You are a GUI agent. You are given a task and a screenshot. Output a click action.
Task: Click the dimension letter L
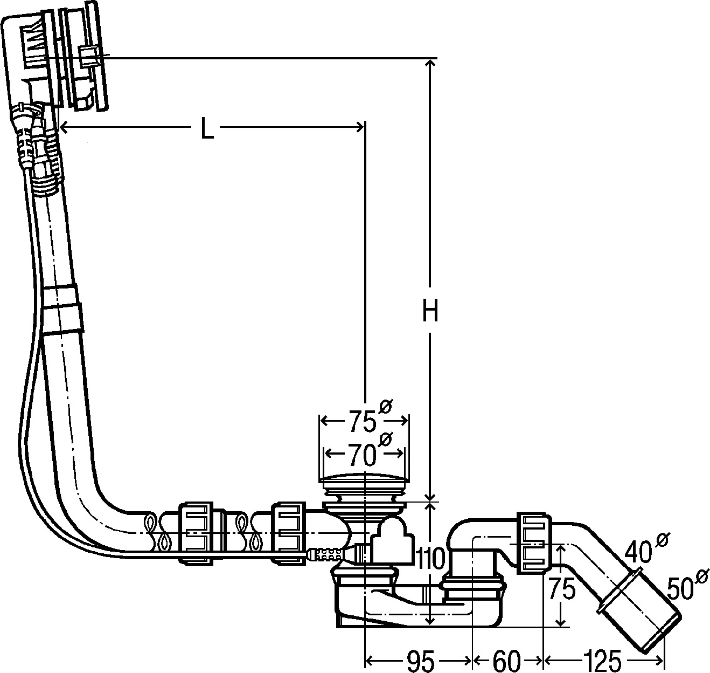[206, 128]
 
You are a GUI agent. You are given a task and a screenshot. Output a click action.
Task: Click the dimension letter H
[429, 311]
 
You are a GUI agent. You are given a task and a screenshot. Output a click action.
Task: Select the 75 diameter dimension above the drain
[362, 421]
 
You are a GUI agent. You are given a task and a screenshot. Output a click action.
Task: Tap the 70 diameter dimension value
[362, 456]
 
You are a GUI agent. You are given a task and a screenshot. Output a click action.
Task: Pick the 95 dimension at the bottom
[420, 660]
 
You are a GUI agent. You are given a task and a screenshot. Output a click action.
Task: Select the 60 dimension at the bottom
[507, 660]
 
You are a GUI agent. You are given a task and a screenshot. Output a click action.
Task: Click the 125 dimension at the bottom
[602, 660]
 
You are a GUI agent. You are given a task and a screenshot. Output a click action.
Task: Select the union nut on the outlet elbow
[534, 543]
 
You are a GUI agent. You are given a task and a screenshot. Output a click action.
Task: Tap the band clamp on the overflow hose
[61, 307]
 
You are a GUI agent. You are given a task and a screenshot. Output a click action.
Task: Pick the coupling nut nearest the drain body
[288, 533]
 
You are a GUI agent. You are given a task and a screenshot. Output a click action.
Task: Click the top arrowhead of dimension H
[429, 64]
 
